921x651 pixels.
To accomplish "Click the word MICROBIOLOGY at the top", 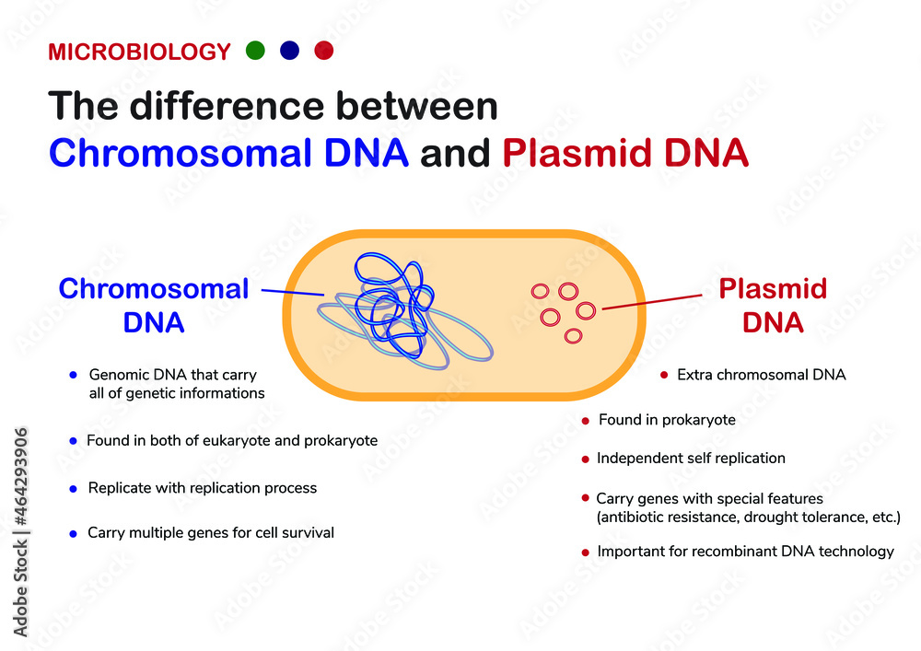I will [x=139, y=52].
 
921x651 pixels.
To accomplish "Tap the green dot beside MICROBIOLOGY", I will [x=255, y=51].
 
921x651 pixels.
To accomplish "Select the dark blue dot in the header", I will [x=289, y=51].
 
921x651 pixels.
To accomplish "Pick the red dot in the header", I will [x=323, y=51].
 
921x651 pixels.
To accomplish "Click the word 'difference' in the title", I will [x=235, y=107].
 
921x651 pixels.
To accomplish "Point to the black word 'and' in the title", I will [x=455, y=154].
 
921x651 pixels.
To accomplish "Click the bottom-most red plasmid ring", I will [x=573, y=336].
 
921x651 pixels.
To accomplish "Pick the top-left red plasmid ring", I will [x=541, y=291].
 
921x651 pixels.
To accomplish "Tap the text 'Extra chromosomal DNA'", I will [x=761, y=375].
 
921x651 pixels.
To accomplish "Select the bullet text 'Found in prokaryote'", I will [x=667, y=420].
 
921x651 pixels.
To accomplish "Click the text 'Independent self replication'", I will [x=691, y=458].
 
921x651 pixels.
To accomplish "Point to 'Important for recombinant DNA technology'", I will [x=745, y=552].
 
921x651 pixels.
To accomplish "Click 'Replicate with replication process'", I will [x=202, y=488].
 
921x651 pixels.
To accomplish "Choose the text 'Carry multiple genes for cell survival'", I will [x=210, y=532].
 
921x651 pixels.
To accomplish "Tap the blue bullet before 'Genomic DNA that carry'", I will [x=72, y=376].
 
